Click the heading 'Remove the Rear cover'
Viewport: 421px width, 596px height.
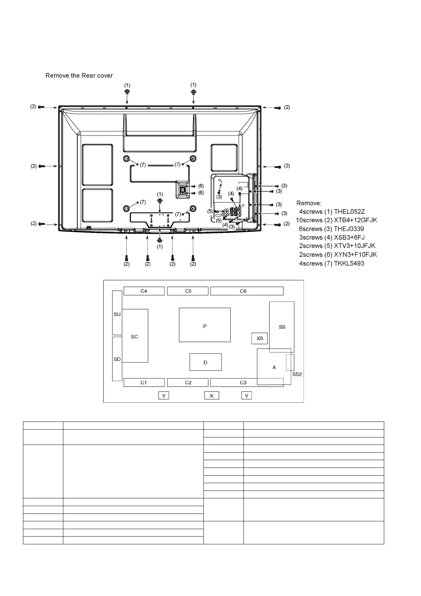tap(79, 75)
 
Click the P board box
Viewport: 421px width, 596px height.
tap(204, 325)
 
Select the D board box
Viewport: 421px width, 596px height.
tap(205, 362)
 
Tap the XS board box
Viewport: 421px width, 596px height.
tap(260, 338)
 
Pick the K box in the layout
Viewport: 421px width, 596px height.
tap(212, 396)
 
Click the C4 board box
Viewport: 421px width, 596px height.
tap(144, 291)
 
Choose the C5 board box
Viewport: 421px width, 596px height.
tap(188, 291)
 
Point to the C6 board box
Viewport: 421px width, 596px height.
tap(247, 291)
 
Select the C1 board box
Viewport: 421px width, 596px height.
tap(144, 382)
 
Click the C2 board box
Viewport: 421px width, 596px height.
tap(188, 382)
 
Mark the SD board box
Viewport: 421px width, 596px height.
tap(117, 359)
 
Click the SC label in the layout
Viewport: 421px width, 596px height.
tap(134, 337)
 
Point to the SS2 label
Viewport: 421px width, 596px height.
tap(297, 374)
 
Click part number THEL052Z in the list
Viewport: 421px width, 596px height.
tap(349, 212)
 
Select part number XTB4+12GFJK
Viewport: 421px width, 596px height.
tap(355, 220)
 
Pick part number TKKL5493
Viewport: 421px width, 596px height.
tap(349, 263)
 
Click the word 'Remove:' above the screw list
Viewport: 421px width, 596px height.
tap(309, 203)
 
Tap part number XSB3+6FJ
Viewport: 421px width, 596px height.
tap(349, 237)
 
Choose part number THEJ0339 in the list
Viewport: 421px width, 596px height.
tap(349, 229)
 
